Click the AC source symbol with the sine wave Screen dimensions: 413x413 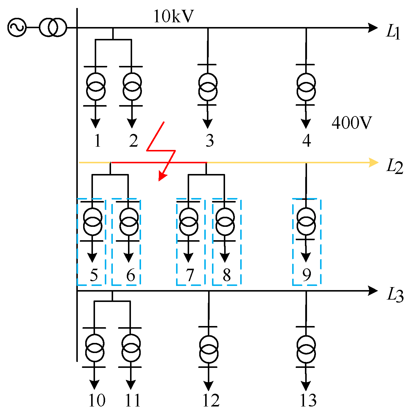coord(17,28)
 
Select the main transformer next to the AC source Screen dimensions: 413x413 coord(53,28)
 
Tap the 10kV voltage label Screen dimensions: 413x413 coord(173,16)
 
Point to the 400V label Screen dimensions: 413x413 coord(352,123)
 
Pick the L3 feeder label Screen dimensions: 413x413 coord(395,295)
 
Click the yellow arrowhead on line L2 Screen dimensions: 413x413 coord(374,163)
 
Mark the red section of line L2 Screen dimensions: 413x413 coord(159,162)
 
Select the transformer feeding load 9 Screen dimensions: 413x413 coord(306,222)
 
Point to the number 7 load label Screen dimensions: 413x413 coord(190,275)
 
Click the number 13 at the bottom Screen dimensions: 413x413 coord(308,401)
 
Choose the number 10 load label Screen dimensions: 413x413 coord(97,401)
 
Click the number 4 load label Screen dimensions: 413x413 coord(306,140)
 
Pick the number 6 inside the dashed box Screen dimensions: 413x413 coord(131,275)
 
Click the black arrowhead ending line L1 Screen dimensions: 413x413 coord(373,28)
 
